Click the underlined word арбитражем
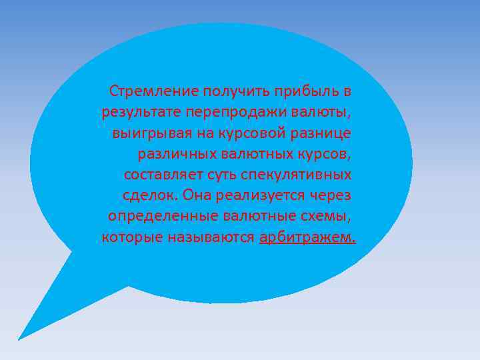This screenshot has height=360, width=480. click(307, 238)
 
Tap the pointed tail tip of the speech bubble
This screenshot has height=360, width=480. click(19, 339)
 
